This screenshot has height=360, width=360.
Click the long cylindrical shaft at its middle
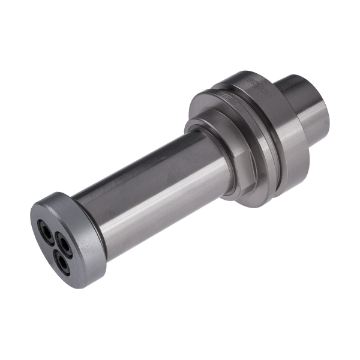click(150, 186)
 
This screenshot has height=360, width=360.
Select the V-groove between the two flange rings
click(252, 99)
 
